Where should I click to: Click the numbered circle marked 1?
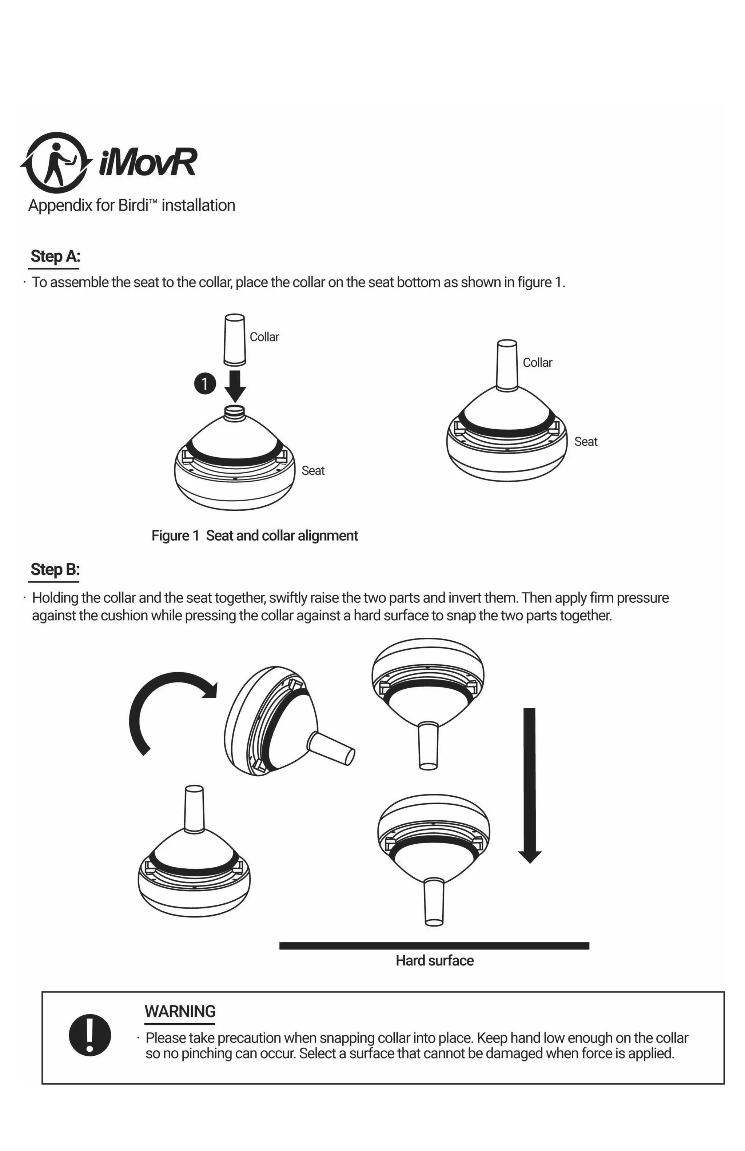(204, 383)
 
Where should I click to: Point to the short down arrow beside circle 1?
(235, 386)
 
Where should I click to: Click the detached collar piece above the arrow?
(235, 339)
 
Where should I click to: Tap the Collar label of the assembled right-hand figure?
(537, 363)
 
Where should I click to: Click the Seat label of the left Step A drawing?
(313, 471)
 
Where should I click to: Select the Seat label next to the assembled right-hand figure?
(585, 442)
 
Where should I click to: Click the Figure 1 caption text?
(254, 535)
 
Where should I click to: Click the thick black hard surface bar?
(434, 945)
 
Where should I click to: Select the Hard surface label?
(434, 960)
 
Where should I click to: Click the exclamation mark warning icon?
(89, 1035)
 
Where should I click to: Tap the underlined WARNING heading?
(180, 1011)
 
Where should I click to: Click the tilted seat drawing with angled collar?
(280, 721)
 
